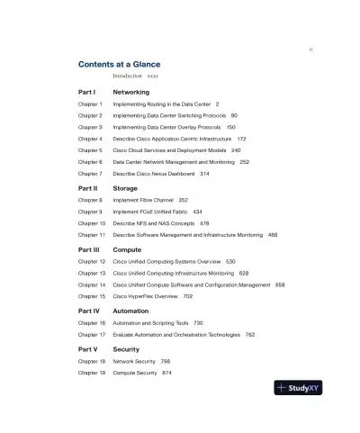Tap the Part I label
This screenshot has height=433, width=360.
[x=87, y=92]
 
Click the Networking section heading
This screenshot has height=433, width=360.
[x=131, y=92]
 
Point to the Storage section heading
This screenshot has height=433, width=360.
[x=125, y=188]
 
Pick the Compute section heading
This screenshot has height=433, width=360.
[x=128, y=249]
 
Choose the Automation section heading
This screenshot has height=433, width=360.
[x=131, y=311]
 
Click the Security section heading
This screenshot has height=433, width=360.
[x=127, y=348]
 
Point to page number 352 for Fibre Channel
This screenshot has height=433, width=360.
[x=184, y=200]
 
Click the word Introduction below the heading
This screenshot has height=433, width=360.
[x=128, y=77]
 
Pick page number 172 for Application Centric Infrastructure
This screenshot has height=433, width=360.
[x=242, y=140]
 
